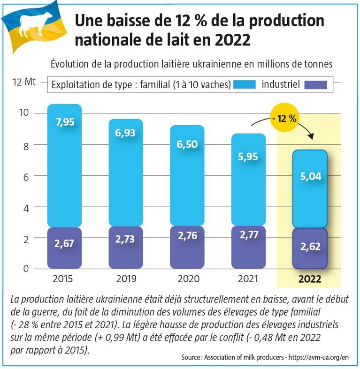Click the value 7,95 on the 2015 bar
pyautogui.click(x=65, y=122)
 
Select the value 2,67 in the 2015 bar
pyautogui.click(x=65, y=244)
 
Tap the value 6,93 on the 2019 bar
pyautogui.click(x=125, y=133)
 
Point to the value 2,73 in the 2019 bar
pyautogui.click(x=125, y=239)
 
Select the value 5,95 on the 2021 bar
pyautogui.click(x=248, y=157)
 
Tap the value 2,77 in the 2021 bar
pyautogui.click(x=248, y=235)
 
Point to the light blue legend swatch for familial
pyautogui.click(x=243, y=84)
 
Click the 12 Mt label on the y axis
pyautogui.click(x=24, y=83)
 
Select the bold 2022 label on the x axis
pyautogui.click(x=309, y=279)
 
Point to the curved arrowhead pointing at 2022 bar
pyautogui.click(x=310, y=136)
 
